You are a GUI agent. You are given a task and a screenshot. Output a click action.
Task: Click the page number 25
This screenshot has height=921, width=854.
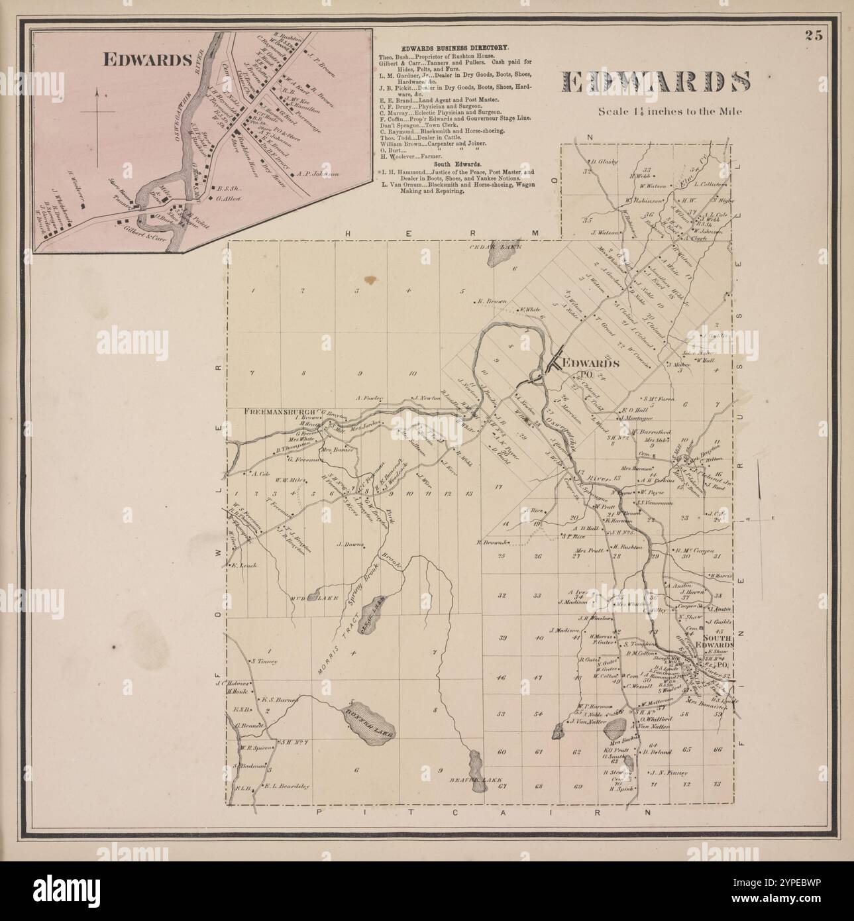tap(814, 36)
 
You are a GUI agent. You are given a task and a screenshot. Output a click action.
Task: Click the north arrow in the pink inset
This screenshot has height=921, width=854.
tap(97, 126)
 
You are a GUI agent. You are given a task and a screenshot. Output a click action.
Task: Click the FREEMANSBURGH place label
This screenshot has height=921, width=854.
tap(282, 411)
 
